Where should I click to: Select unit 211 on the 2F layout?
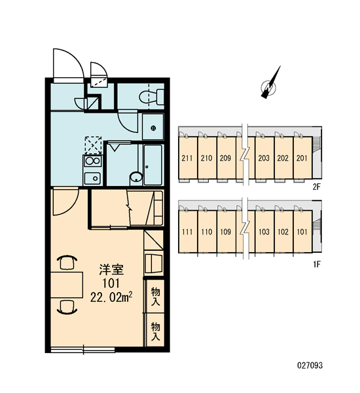[187, 158]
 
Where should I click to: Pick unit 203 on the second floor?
[264, 158]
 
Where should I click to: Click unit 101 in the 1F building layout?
[302, 231]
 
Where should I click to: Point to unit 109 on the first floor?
[225, 231]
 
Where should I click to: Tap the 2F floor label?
[317, 187]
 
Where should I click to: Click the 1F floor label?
[317, 264]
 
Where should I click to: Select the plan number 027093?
[310, 365]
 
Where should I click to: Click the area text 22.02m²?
[111, 297]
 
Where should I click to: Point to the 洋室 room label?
[111, 270]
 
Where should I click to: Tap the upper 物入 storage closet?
[155, 296]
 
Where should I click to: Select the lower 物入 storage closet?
[155, 330]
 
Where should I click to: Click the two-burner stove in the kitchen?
[93, 161]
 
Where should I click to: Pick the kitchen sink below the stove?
[93, 178]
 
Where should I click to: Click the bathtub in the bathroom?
[153, 165]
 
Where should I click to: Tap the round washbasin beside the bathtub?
[136, 178]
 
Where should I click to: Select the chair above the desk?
[67, 262]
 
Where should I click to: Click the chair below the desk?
[67, 307]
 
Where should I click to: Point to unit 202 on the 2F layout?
[283, 158]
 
